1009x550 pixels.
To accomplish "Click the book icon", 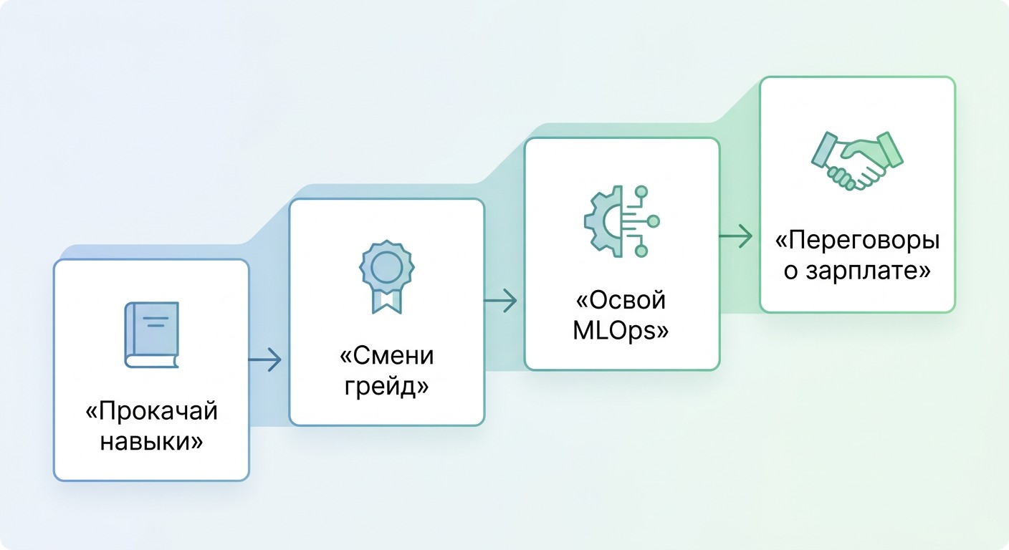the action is click(x=152, y=335).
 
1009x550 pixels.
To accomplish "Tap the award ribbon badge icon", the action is click(x=386, y=276).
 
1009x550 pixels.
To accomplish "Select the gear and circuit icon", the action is click(x=621, y=221).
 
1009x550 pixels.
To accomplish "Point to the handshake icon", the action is click(x=857, y=160).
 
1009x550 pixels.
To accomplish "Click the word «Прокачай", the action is click(x=152, y=411).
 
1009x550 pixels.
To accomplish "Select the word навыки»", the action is click(x=151, y=441).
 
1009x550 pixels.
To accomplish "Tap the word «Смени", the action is click(x=386, y=355).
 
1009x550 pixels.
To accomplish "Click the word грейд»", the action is click(x=386, y=386).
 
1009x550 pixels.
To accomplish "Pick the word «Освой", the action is click(x=621, y=300).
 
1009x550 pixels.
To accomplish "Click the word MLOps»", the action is click(x=621, y=331).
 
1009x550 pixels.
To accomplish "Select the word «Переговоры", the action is click(x=857, y=241).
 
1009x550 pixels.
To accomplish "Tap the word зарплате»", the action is click(x=869, y=271).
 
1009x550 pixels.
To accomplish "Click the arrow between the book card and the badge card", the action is click(x=265, y=360).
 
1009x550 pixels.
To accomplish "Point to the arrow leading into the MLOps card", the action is click(x=500, y=301).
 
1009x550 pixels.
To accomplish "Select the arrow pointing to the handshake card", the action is click(x=735, y=236).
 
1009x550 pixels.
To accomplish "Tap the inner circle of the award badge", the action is click(x=386, y=266).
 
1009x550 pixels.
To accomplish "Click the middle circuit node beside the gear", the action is click(x=653, y=221).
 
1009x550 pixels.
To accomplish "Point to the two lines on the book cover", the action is click(x=156, y=322).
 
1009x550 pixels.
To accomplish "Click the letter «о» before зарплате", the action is click(x=791, y=272).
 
